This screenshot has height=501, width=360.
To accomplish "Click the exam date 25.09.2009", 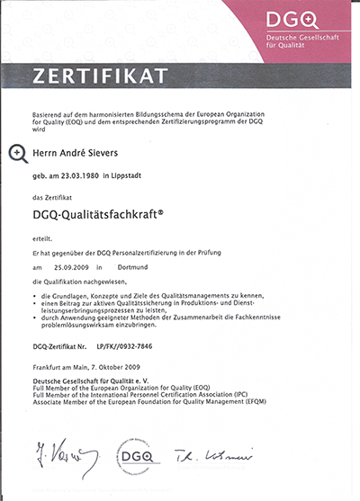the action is tap(69, 268).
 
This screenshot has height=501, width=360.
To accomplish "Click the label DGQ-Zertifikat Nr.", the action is tap(60, 345).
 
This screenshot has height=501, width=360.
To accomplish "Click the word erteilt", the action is tap(41, 239).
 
